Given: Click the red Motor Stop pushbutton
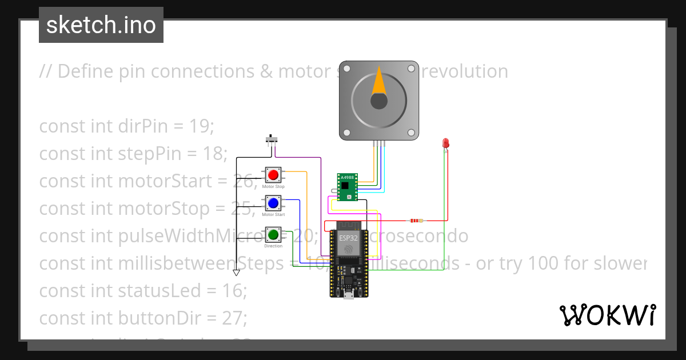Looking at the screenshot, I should click(273, 174).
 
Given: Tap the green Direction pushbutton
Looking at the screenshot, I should click(273, 234).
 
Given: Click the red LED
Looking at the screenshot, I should click(446, 143).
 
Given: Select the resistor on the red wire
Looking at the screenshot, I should click(416, 221).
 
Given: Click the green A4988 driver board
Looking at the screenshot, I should click(348, 187).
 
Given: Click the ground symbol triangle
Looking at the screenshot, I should click(236, 273).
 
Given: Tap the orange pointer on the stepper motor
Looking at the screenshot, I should click(378, 81).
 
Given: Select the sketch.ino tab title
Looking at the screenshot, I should click(101, 25).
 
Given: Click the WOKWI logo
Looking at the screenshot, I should click(607, 315).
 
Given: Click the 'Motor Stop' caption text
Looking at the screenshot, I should click(273, 187).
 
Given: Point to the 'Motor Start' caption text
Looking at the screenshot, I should click(273, 215).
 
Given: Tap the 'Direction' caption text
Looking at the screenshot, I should click(273, 246).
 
